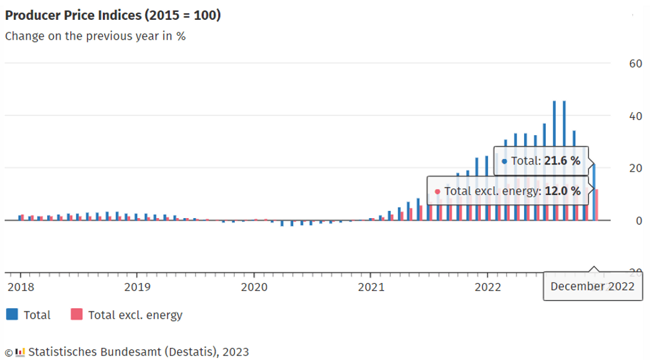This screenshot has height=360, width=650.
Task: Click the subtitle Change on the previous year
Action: click(95, 36)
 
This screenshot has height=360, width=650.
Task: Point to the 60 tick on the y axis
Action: click(635, 64)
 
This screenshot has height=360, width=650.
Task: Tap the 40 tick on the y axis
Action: click(635, 116)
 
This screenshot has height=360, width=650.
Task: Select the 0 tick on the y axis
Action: click(639, 221)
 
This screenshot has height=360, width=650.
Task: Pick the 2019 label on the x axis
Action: click(137, 286)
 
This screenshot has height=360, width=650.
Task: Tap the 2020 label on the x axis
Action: click(253, 286)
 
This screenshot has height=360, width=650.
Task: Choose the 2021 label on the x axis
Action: click(371, 286)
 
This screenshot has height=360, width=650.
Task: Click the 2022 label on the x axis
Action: click(487, 286)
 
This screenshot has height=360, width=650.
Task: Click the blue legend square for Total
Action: click(12, 314)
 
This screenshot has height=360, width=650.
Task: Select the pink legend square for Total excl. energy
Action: click(76, 314)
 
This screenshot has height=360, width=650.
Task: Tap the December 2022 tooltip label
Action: click(592, 286)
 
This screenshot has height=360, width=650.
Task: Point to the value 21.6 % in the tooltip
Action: click(562, 160)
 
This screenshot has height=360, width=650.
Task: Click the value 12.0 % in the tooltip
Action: click(562, 192)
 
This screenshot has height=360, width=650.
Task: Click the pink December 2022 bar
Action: click(598, 205)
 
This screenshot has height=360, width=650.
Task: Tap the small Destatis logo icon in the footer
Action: click(20, 351)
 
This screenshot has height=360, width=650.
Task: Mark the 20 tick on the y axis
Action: click(635, 168)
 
